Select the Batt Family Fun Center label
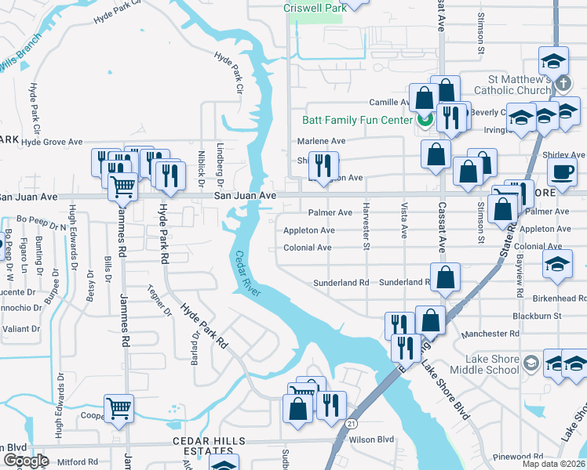click(357, 120)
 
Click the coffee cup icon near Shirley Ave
click(561, 172)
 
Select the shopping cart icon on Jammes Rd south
click(118, 407)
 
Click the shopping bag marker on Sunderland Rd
click(446, 277)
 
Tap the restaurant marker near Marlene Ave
click(323, 165)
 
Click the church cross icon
click(562, 83)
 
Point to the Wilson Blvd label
click(371, 440)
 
